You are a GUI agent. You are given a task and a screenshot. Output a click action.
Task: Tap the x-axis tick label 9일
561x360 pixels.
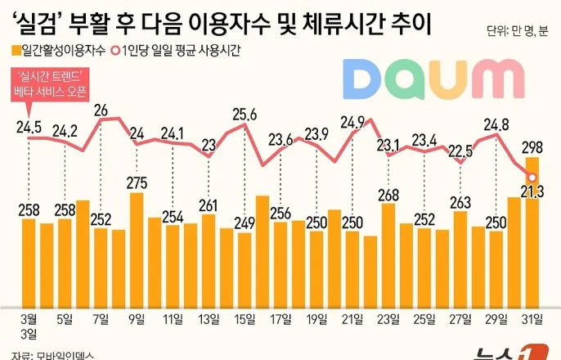(x=137, y=318)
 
